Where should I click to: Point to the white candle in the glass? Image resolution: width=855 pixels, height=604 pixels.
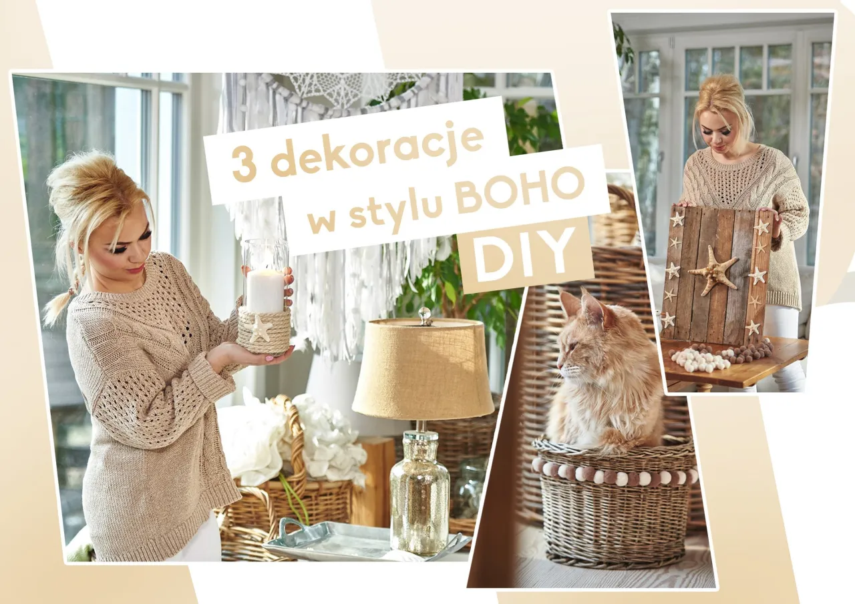tap(265, 290)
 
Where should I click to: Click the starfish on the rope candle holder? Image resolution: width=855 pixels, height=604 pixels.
tap(260, 329)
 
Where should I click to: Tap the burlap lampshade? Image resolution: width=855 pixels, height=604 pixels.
tap(423, 371)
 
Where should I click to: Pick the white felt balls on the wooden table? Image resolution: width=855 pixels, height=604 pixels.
tap(698, 360)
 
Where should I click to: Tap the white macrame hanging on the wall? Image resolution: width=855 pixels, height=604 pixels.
tap(341, 280)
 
